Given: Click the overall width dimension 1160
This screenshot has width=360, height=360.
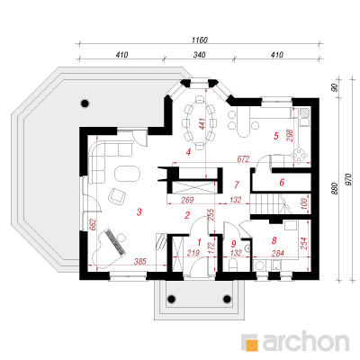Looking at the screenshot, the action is [200, 40].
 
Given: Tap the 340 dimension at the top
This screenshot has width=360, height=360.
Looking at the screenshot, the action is [200, 55].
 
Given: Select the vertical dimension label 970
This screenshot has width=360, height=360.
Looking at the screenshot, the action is [348, 179].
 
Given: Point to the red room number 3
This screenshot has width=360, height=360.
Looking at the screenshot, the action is [139, 212].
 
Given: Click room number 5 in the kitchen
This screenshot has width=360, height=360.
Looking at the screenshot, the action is [276, 136].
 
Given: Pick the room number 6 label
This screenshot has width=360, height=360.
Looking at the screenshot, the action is [282, 183].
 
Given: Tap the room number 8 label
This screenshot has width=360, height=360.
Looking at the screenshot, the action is [274, 240].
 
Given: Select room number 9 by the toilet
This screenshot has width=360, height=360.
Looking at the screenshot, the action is [234, 243].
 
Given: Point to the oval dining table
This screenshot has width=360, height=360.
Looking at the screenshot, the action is [199, 121].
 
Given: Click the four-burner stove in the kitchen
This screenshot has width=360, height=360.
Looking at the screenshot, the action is [299, 155].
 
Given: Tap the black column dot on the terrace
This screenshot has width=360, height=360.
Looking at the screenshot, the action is [85, 103].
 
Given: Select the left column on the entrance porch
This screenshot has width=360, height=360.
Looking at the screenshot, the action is [171, 299].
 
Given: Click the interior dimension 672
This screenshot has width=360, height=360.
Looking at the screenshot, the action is [243, 158].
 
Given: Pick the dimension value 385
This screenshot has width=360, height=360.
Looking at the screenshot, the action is [139, 261].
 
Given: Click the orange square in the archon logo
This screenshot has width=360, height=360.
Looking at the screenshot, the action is [252, 344].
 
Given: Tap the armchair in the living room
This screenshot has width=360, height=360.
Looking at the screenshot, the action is [116, 196].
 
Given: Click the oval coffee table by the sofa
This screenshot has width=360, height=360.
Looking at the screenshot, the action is [127, 173].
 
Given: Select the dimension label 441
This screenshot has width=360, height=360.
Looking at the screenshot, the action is [202, 124].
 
